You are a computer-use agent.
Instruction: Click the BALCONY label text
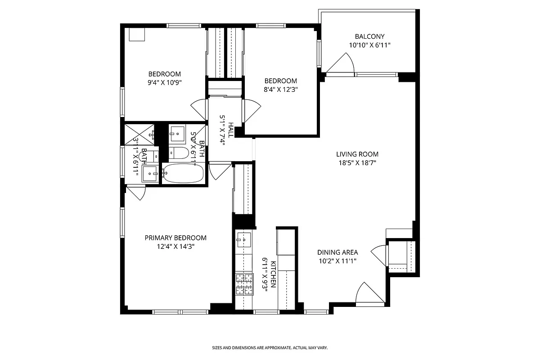[x=369, y=36]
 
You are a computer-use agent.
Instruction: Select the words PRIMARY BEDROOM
[x=175, y=238]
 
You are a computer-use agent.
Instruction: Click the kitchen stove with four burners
[x=243, y=284]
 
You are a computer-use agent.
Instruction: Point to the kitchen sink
[x=243, y=240]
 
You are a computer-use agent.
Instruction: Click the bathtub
[x=183, y=173]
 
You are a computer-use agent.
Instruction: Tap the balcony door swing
[x=341, y=64]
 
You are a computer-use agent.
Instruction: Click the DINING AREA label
[x=337, y=252]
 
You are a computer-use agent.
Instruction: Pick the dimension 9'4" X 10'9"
[x=165, y=82]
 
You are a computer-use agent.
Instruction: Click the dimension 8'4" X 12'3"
[x=281, y=89]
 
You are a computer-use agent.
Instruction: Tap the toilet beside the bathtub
[x=179, y=153]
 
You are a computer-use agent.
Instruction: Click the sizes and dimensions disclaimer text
[x=270, y=348]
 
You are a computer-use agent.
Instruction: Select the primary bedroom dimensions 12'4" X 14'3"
[x=175, y=246]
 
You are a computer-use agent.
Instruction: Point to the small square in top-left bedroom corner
[x=136, y=35]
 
